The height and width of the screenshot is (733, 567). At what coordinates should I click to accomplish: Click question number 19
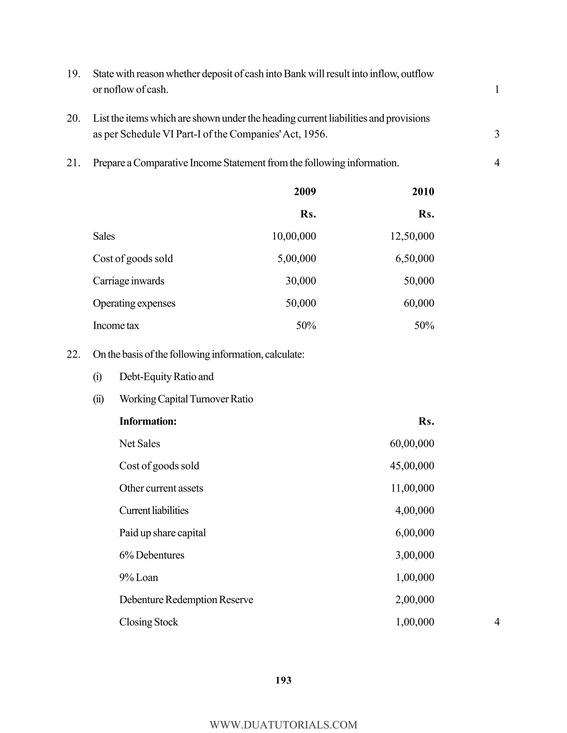point(73,74)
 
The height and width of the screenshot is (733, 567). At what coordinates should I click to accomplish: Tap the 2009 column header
point(305,192)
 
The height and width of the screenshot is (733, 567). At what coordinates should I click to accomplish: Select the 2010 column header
point(423,192)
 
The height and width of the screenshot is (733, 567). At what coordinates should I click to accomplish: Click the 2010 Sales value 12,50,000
point(412,236)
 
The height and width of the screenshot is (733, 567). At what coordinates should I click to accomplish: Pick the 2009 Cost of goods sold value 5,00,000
point(297,258)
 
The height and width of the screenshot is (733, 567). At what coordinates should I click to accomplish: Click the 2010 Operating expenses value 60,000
point(419,303)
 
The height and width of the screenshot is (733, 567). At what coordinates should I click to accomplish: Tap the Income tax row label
point(116,326)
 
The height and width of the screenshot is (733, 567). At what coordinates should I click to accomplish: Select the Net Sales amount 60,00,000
point(412,444)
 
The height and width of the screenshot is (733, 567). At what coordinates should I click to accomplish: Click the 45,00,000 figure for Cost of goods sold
point(412,466)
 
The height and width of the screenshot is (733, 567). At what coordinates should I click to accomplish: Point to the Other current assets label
point(161,488)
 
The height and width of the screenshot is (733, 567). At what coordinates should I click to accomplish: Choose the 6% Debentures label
point(151,555)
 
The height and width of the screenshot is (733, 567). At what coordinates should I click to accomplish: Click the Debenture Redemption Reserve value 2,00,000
point(414,600)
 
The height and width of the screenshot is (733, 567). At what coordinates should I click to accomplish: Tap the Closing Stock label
point(148,622)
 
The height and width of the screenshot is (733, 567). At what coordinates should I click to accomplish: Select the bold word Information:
point(148,421)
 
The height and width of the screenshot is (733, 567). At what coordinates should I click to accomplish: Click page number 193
point(283,680)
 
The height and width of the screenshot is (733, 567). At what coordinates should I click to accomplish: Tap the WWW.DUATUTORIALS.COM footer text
point(283,725)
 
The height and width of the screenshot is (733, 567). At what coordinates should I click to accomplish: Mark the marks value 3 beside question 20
point(497,134)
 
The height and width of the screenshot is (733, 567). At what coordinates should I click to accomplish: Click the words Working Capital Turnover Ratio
point(186,399)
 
